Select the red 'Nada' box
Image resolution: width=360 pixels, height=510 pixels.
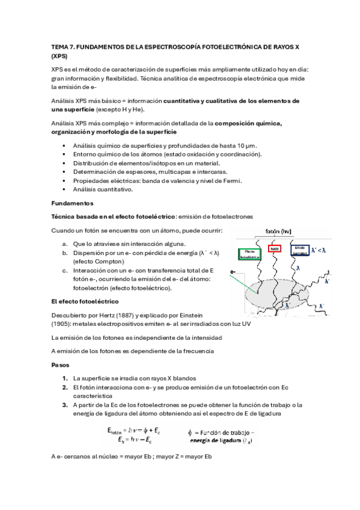274,248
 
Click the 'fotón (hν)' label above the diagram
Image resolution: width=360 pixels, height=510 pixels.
278,230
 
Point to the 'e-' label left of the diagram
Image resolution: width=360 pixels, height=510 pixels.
233,272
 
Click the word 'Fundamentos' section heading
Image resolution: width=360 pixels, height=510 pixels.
72,203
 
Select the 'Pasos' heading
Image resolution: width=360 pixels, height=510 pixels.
61,365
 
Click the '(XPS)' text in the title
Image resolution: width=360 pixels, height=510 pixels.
60,55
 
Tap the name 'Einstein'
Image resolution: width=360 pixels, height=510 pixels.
191,315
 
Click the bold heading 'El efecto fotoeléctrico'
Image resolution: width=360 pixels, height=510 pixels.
85,301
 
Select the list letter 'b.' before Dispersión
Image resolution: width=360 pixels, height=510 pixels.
65,253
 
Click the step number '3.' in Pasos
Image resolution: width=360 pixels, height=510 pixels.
65,405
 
